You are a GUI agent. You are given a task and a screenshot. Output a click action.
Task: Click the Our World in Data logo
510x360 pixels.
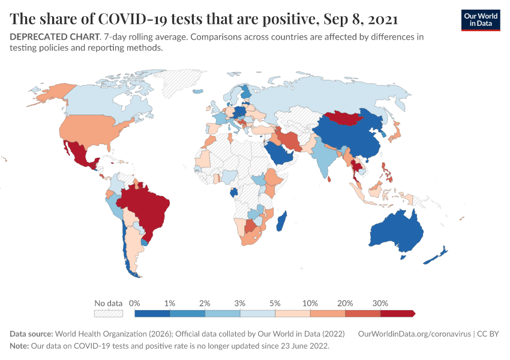(x=480, y=20)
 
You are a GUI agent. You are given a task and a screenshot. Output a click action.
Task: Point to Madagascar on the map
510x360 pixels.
(x=281, y=221)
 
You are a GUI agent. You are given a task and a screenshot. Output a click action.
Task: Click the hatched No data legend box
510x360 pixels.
(x=109, y=313)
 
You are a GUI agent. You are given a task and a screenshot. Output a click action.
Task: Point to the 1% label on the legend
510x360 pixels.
(x=170, y=303)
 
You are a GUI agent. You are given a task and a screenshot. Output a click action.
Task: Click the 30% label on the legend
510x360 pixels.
(x=380, y=303)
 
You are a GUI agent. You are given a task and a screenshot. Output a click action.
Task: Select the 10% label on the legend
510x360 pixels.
(x=310, y=303)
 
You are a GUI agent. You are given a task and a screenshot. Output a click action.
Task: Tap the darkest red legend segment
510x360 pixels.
(x=397, y=313)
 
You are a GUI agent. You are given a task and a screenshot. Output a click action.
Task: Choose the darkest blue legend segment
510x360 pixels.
(x=152, y=313)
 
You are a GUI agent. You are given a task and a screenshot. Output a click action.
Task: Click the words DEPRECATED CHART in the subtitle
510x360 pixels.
(x=53, y=37)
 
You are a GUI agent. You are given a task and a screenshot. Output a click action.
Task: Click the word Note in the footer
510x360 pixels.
(x=19, y=346)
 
